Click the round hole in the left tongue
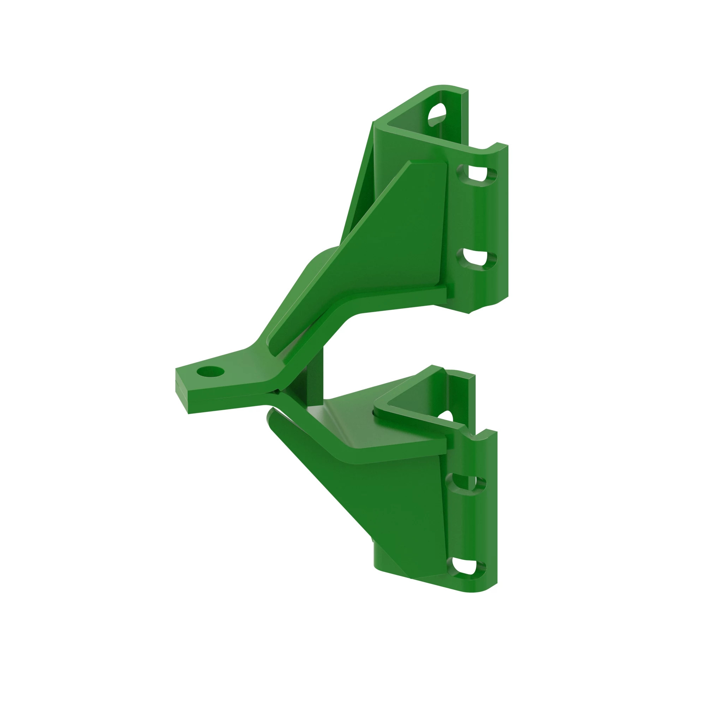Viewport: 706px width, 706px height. tap(210, 372)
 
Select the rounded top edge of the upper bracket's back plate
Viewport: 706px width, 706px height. tap(444, 86)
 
